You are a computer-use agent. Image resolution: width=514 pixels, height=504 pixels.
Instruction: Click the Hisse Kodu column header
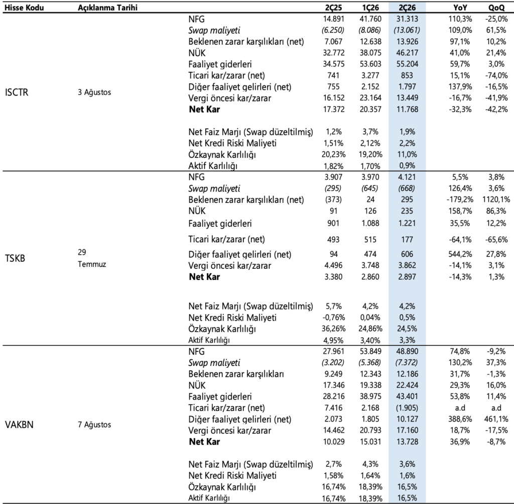point(24,8)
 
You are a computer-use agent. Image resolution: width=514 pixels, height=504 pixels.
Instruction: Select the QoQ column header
point(496,8)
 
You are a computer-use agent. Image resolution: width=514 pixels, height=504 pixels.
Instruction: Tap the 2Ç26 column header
point(407,8)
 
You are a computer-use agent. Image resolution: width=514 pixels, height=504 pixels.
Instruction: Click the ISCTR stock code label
point(17,92)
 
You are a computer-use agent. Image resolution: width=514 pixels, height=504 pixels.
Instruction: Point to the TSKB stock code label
point(15,258)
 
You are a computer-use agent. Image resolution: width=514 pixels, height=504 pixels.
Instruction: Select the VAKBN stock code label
point(19,425)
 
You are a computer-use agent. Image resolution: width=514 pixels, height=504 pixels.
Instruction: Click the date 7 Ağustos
point(94,425)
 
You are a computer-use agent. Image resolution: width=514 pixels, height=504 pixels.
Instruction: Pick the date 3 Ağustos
point(94,92)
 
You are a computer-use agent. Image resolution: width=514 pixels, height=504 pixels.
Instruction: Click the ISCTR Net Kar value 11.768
point(407,109)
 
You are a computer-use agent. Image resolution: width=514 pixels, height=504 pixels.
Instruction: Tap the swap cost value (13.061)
point(407,30)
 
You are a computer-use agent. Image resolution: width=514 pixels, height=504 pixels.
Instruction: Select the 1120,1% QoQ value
point(496,199)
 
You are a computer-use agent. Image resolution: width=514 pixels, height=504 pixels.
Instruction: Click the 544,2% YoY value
point(460,254)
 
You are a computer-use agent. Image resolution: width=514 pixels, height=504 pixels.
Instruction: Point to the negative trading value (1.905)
point(407,408)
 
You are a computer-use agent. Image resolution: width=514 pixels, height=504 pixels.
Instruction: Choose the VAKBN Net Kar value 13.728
point(407,442)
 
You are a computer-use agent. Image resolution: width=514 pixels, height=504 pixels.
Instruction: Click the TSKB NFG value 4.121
point(407,177)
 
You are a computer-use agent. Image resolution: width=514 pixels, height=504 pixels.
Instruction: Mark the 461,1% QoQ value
point(496,419)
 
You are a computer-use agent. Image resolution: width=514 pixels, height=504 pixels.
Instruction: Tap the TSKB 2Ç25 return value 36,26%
point(333,329)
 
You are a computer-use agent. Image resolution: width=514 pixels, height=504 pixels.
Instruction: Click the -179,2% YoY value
point(460,199)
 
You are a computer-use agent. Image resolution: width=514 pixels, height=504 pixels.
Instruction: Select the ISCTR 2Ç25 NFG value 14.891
point(333,19)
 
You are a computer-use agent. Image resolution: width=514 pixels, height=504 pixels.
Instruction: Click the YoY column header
point(460,8)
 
